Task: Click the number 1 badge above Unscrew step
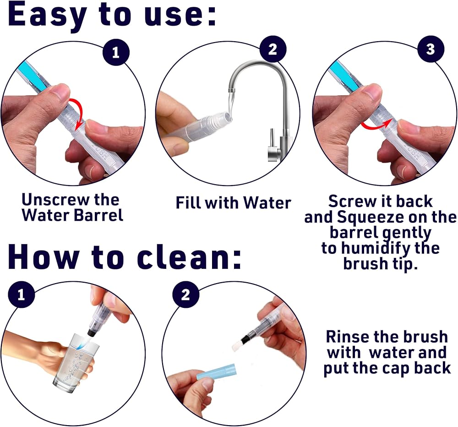click(x=116, y=52)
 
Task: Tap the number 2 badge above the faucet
click(x=273, y=49)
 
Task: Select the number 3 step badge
click(x=431, y=49)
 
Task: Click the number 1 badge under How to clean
click(x=22, y=295)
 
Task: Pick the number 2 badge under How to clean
click(x=185, y=295)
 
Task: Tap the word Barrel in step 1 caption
click(x=98, y=215)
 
